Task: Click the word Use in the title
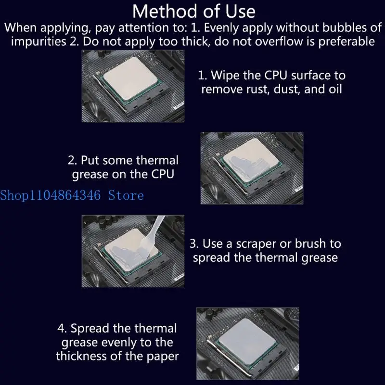click(240, 11)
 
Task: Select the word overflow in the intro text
click(279, 41)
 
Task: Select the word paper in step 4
click(163, 357)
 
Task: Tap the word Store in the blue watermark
click(126, 196)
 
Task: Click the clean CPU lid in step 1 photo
click(130, 78)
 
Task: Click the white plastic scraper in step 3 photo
click(153, 236)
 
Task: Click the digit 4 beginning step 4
click(61, 328)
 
